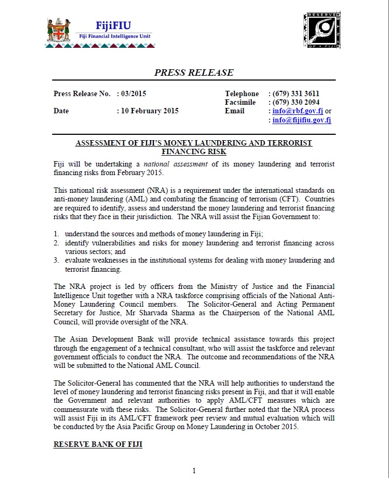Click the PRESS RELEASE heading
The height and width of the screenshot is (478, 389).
click(194, 73)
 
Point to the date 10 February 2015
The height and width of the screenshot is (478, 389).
click(150, 111)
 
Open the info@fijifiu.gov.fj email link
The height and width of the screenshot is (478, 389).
click(302, 120)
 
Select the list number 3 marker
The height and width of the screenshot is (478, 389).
click(56, 260)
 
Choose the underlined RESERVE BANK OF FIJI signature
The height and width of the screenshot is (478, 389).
click(98, 445)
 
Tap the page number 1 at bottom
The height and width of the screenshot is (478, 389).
click(194, 470)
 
